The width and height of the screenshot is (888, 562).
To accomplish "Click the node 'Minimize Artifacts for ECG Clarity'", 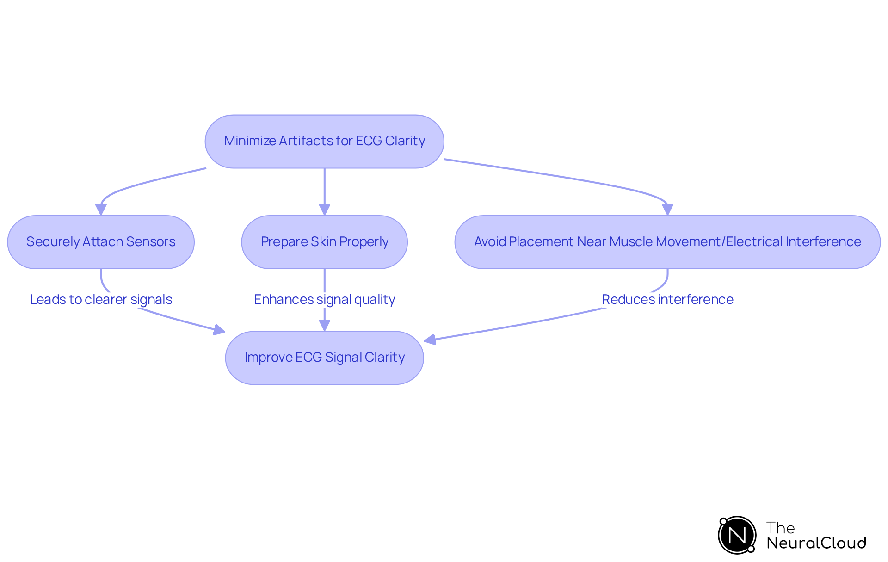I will point(324,141).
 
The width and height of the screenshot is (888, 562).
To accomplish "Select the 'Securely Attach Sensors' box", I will point(101,242).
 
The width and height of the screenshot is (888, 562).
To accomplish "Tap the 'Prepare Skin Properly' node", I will point(324,242).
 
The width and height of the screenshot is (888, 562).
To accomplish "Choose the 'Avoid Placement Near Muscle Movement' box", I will point(667,242).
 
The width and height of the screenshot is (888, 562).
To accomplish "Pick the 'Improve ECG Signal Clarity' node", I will point(324,358).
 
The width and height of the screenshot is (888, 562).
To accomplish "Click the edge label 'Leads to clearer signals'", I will point(101,300).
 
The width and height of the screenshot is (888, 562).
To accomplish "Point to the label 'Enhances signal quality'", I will point(324,300).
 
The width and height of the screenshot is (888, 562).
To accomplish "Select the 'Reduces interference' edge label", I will point(667,300).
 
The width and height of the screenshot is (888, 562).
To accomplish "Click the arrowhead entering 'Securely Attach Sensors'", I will point(101,210).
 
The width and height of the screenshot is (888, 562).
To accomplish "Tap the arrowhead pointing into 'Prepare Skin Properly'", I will point(324,210).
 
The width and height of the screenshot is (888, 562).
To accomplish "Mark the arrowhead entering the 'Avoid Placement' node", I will point(667,210).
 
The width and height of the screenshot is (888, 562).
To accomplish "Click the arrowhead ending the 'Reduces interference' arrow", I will point(430,340).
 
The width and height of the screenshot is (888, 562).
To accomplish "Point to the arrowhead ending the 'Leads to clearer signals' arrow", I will point(219,330).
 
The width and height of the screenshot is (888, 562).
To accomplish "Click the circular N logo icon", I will point(737,535).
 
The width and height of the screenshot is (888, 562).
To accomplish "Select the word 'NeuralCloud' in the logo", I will point(816,543).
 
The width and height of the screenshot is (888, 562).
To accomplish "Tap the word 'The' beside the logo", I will point(780,528).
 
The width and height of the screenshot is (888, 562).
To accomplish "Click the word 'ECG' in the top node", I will point(369,141).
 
